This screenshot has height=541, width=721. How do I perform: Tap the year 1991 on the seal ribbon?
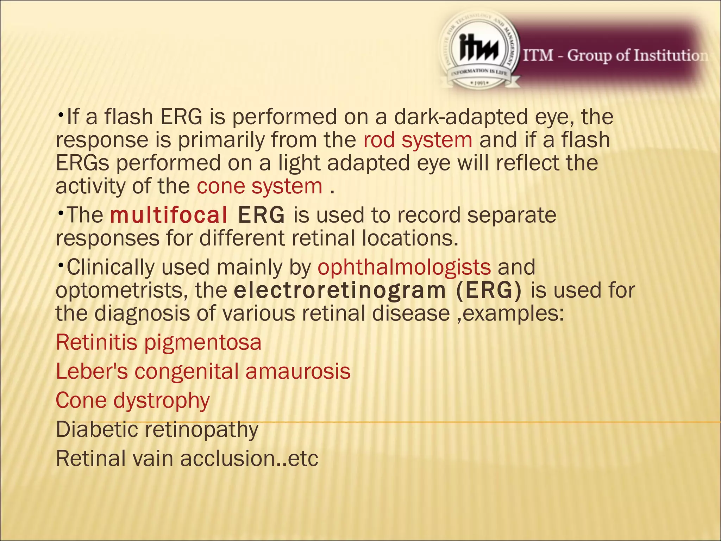point(479,83)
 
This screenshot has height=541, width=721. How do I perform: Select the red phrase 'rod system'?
point(418,140)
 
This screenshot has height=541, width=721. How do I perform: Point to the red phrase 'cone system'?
point(259,186)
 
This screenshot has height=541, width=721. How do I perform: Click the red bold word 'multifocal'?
point(169,215)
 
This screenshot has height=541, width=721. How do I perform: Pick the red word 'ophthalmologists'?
point(404,267)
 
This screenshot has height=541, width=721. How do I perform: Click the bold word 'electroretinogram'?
point(340,291)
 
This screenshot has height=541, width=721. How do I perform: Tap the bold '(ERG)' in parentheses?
point(489,291)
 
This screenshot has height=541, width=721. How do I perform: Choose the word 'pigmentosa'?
point(203,343)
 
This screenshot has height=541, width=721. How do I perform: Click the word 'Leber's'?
point(92,371)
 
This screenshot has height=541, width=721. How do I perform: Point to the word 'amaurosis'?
point(298,371)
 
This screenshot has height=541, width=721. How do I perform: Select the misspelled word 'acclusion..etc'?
point(249,459)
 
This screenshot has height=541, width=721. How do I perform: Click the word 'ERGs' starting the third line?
point(83,163)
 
